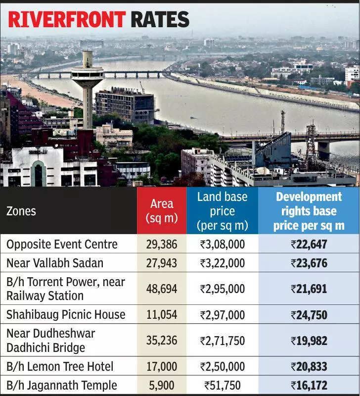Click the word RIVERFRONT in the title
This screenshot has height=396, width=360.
point(67,19)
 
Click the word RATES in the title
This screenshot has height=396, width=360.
point(160,19)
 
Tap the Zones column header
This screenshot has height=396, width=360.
point(21,211)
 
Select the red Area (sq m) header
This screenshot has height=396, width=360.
point(162,211)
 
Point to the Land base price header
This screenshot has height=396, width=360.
point(222,211)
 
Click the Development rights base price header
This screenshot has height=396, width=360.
point(309,211)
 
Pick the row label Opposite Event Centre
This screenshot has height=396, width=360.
point(62,244)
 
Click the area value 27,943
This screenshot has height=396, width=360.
point(162,263)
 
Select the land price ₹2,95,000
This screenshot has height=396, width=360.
point(222,289)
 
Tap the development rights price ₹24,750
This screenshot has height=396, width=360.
point(309,315)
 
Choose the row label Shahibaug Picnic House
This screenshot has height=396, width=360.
point(66,315)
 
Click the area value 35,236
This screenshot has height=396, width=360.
point(162,341)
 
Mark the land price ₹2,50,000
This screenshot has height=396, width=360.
point(222,367)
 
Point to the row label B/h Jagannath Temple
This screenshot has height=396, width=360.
point(62,385)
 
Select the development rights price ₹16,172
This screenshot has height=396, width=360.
point(309,385)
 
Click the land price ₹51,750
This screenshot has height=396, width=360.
point(222,385)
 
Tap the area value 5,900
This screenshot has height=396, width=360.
point(162,385)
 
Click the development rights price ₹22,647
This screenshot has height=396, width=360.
point(309,244)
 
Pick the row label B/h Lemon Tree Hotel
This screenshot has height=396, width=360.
point(60,367)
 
